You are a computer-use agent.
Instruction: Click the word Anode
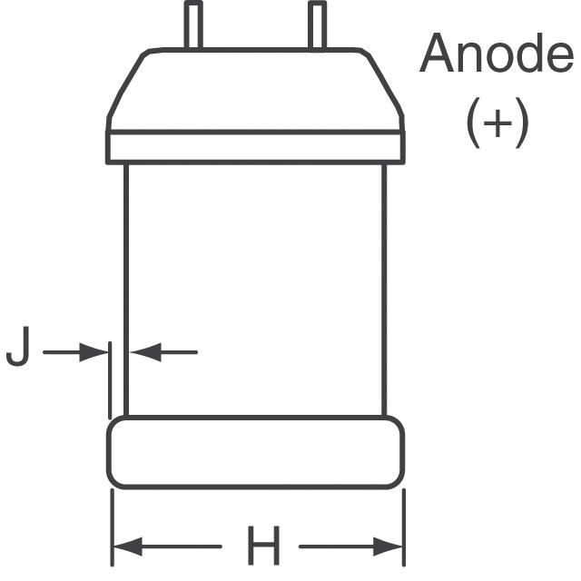pyautogui.click(x=496, y=55)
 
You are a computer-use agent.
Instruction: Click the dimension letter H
pyautogui.click(x=262, y=547)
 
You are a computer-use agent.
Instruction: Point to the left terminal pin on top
pyautogui.click(x=193, y=25)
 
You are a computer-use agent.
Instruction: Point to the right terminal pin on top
pyautogui.click(x=317, y=25)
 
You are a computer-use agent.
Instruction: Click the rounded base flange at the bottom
pyautogui.click(x=256, y=452)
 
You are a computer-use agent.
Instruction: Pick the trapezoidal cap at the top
pyautogui.click(x=256, y=89)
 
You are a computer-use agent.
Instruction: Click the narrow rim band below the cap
pyautogui.click(x=256, y=146)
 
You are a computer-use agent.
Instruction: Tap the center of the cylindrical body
pyautogui.click(x=256, y=289)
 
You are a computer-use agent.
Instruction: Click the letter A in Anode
pyautogui.click(x=437, y=55)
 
